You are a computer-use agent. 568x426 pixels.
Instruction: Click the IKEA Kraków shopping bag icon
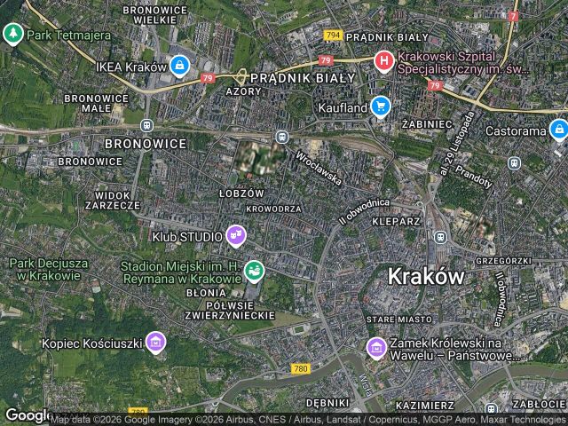point(179,66)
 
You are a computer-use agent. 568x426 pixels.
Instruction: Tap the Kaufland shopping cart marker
point(381,106)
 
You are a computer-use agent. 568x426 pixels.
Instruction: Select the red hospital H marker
point(383,61)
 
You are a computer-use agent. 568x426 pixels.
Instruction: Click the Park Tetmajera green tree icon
point(12,35)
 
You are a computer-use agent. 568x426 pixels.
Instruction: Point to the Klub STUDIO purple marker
point(236,234)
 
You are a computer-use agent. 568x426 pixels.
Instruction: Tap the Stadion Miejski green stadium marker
point(254,268)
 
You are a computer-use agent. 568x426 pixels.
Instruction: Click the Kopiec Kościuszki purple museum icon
point(156,342)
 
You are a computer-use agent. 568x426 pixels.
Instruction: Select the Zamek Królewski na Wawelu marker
point(376,347)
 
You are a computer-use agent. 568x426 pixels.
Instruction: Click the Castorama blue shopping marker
point(558,131)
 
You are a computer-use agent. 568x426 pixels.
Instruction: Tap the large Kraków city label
point(426,276)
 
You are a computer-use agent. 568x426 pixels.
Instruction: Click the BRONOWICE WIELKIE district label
point(155,13)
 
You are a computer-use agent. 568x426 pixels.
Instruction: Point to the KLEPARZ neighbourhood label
point(396,220)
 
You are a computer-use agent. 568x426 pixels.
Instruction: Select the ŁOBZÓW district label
point(241,193)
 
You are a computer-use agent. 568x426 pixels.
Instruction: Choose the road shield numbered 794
point(333,35)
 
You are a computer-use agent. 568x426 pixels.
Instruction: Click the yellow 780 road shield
point(301,367)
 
